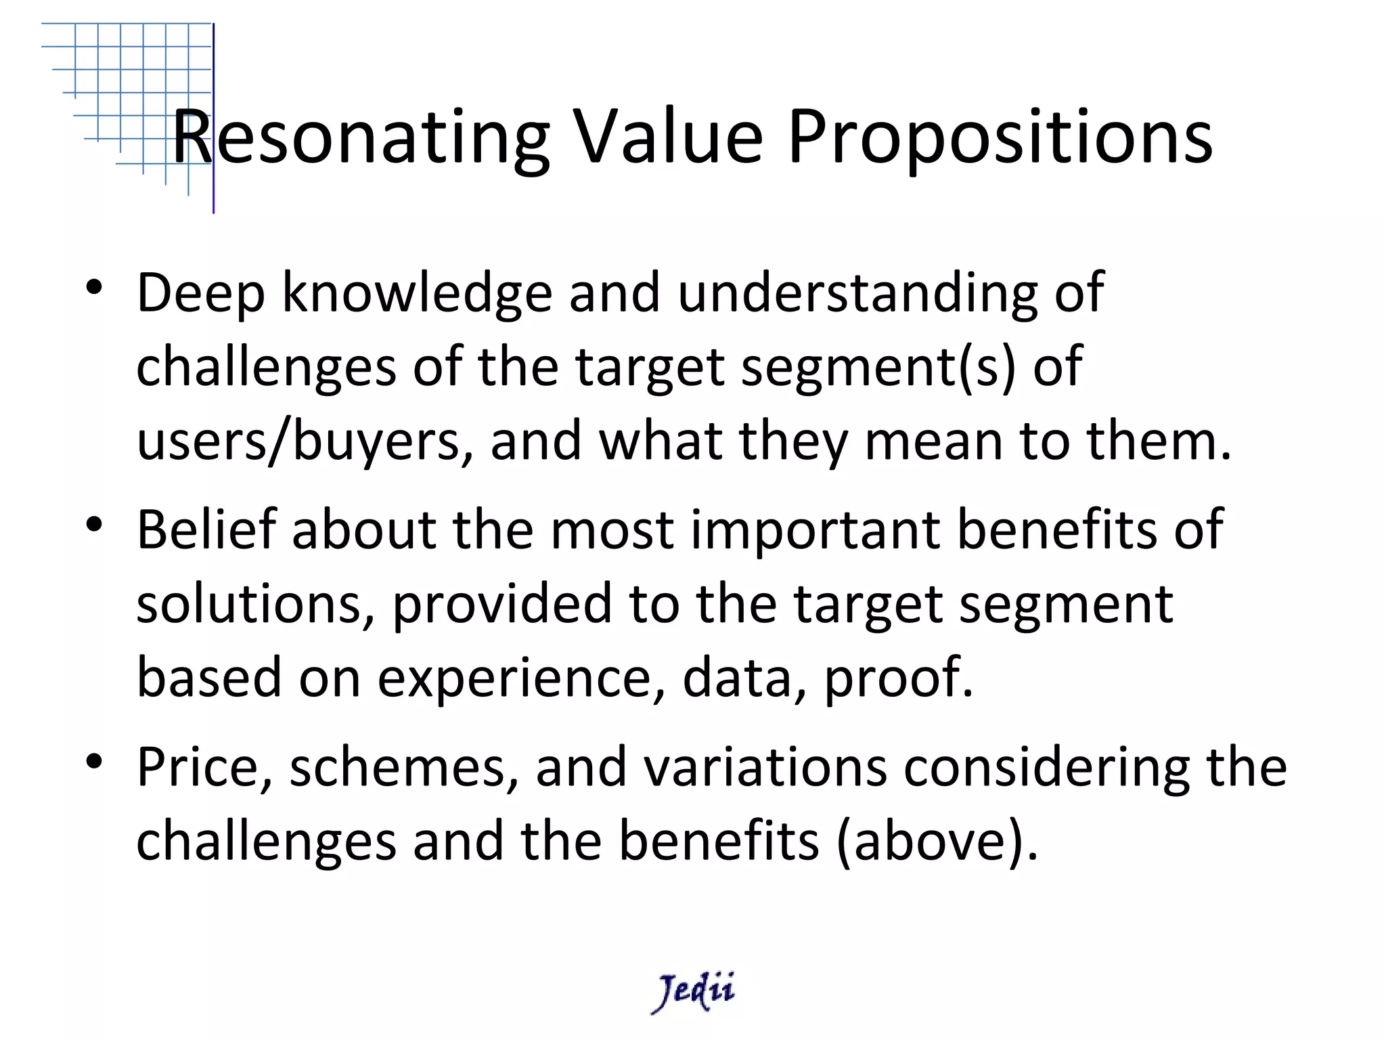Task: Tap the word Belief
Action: pos(206,529)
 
